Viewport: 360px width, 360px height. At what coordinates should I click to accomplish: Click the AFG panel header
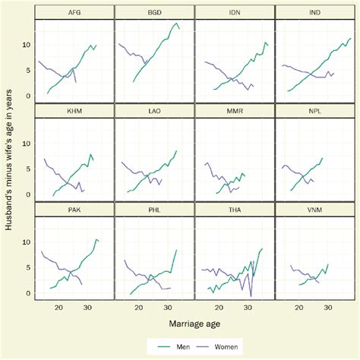tap(74, 12)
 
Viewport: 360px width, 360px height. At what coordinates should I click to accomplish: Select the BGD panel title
tap(154, 12)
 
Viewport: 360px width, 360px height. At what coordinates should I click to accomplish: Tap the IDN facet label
tap(235, 12)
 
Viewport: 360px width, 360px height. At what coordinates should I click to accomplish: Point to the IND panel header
tap(314, 12)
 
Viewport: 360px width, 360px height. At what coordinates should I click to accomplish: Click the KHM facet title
tap(74, 111)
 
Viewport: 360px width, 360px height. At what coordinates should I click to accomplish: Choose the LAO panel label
tap(154, 111)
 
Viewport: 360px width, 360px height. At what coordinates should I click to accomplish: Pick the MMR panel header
tap(235, 111)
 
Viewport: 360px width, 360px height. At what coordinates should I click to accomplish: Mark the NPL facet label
tap(314, 111)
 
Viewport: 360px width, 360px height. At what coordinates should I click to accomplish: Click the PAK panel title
tap(74, 209)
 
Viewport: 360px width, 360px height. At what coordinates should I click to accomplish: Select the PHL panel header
tap(154, 209)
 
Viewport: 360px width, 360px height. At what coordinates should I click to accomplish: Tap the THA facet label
tap(235, 209)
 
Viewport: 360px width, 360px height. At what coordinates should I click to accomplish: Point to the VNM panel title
tap(314, 209)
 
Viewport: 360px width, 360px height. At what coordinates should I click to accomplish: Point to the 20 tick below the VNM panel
tap(298, 307)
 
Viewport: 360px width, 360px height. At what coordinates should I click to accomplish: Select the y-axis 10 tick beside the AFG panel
tap(27, 45)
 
